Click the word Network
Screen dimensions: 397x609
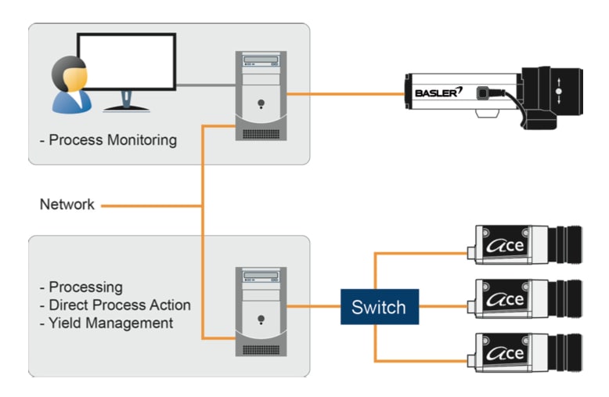pos(67,205)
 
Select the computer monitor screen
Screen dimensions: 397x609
pos(126,62)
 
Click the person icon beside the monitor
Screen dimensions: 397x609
pos(68,85)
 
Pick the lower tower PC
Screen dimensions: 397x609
pos(261,309)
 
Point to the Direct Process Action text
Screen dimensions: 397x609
pos(118,305)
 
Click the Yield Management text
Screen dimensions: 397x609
pos(110,322)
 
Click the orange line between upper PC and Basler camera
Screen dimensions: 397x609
pos(344,95)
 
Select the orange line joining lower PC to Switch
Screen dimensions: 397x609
pos(313,307)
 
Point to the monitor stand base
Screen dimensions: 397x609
pos(126,108)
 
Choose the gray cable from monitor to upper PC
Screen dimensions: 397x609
pos(205,84)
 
